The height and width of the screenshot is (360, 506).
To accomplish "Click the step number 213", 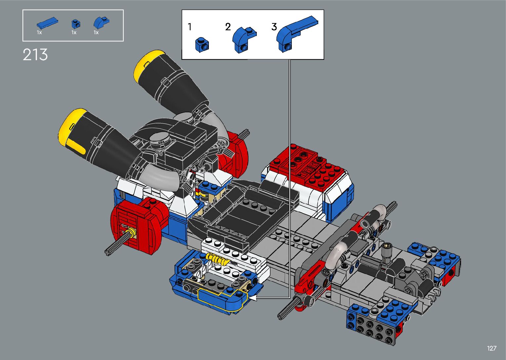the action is [x=35, y=55].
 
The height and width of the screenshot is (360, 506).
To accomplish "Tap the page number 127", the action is [x=492, y=348].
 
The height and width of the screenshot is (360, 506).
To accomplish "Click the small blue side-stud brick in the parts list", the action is [x=76, y=23].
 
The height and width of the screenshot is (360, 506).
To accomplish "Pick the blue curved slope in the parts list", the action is [x=101, y=22].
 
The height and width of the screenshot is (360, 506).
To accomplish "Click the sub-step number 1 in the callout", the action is [x=190, y=27].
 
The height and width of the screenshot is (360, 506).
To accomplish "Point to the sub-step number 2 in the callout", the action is [x=228, y=27].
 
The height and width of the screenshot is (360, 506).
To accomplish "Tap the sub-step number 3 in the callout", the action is [x=274, y=27].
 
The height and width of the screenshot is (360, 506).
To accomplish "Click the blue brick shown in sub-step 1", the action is [x=202, y=45].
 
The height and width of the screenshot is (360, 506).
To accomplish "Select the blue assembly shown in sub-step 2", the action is [x=244, y=39].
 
